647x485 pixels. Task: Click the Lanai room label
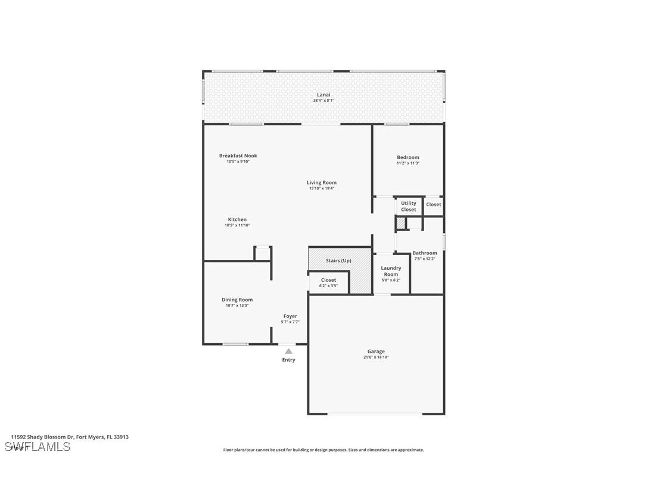click(323, 95)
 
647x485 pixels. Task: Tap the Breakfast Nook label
click(238, 156)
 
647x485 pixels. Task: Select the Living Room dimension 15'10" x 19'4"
click(322, 189)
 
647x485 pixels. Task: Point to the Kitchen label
click(237, 219)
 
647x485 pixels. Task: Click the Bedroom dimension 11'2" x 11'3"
click(408, 163)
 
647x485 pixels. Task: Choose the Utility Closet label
click(409, 206)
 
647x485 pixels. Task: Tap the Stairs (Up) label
click(338, 261)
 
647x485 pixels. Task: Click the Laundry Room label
click(391, 271)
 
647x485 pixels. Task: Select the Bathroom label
click(425, 253)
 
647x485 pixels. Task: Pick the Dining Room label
click(237, 300)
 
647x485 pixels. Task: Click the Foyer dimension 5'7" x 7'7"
click(290, 322)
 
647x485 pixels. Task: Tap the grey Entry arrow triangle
click(288, 352)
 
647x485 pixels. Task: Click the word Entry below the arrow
click(288, 360)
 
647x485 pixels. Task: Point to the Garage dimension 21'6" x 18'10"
click(376, 357)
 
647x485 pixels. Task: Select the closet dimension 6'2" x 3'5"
click(328, 286)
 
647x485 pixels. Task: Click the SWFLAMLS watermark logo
click(38, 447)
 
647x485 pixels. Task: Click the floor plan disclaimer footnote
click(323, 450)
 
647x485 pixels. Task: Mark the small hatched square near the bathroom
click(401, 223)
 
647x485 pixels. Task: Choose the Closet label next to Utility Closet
click(434, 204)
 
